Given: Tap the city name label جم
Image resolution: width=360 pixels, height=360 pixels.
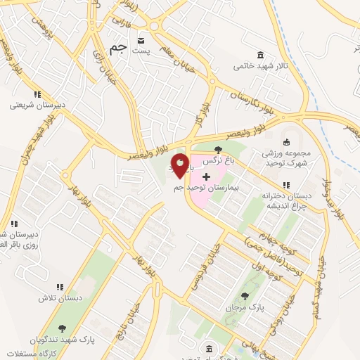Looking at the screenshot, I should [x=120, y=49].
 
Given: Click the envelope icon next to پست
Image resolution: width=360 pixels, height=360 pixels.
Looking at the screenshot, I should [x=141, y=40].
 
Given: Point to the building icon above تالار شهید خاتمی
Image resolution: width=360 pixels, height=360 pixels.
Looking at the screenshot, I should [x=261, y=56].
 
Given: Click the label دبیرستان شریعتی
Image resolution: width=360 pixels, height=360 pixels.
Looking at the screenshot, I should [x=37, y=105].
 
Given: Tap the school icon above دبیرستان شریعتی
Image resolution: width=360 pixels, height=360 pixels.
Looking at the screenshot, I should [x=37, y=94].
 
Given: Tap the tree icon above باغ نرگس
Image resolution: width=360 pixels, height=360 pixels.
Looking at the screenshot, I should [x=218, y=149].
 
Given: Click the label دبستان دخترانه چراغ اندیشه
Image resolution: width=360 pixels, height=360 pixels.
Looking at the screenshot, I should [x=285, y=201].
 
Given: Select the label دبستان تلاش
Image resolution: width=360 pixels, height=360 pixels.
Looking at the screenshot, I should [x=60, y=299].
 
